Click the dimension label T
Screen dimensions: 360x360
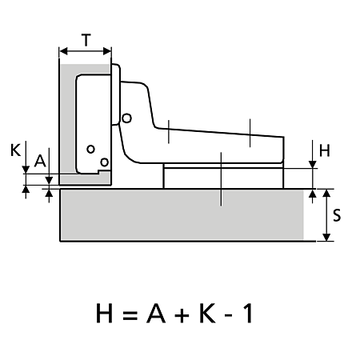[x=86, y=40]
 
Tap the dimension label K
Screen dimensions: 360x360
[x=15, y=150]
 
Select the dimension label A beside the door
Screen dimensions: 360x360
[x=40, y=161]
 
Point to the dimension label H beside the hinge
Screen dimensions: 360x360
[x=325, y=150]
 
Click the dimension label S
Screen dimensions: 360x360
[x=337, y=215]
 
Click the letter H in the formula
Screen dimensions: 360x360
[x=104, y=313]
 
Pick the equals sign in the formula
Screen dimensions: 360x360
[x=130, y=315]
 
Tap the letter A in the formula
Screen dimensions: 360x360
[x=156, y=313]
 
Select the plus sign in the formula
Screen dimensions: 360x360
[x=182, y=315]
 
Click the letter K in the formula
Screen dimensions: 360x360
[x=207, y=313]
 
